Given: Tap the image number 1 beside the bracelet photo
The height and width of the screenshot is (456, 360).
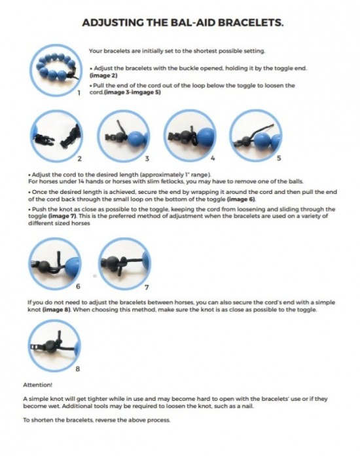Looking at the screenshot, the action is click(x=79, y=93).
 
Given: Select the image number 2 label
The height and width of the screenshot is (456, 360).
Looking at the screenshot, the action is click(x=79, y=159).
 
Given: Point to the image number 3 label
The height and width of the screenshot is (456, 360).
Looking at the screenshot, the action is click(x=147, y=159).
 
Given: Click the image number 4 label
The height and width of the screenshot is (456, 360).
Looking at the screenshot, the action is click(x=213, y=158).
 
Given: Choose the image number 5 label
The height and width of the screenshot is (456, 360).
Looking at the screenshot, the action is click(x=279, y=158).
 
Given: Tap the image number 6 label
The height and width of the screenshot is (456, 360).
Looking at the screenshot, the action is click(x=78, y=286).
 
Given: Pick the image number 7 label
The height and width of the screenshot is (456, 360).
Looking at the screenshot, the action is click(x=147, y=288).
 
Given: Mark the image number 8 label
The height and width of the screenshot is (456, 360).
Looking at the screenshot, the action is click(x=78, y=369).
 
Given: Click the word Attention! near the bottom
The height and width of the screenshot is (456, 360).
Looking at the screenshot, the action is click(x=38, y=385).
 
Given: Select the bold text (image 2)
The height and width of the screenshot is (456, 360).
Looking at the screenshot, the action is click(x=103, y=75).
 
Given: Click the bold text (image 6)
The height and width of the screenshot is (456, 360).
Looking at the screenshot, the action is click(x=242, y=199).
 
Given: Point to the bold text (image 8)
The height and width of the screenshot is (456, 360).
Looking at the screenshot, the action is click(x=57, y=309).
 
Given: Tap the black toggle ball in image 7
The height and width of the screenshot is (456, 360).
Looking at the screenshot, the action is click(x=112, y=263).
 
